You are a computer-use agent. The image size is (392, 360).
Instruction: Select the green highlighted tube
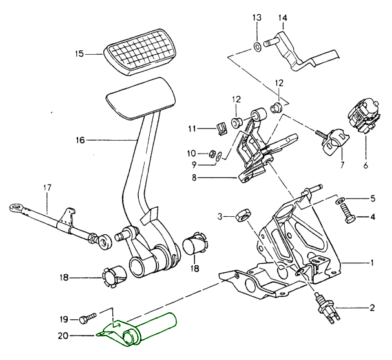151,326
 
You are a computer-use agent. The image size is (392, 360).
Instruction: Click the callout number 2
373,308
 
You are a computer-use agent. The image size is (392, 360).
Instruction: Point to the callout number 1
373,263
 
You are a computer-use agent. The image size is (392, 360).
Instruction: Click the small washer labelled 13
256,46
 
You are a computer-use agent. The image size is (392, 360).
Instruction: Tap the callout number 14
282,18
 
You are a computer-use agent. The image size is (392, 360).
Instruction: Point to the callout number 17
46,188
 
